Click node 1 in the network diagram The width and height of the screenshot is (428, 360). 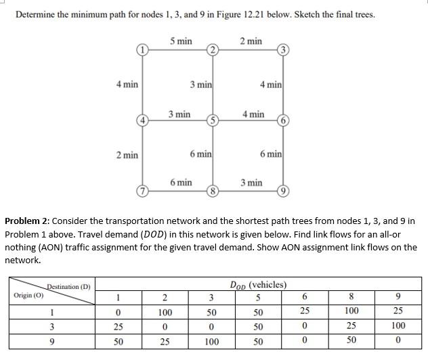[142, 49]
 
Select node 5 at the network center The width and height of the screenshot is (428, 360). [212, 120]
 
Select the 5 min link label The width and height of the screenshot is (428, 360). [181, 41]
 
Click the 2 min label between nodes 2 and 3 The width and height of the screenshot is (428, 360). [251, 41]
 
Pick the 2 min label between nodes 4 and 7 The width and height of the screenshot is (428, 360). [127, 155]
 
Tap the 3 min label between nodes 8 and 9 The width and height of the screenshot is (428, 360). [252, 182]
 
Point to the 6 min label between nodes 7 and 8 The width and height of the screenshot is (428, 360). [181, 182]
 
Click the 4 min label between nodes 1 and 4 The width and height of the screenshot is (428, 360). [127, 84]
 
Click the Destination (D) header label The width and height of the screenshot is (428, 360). [68, 286]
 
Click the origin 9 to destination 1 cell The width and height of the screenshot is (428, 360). [119, 341]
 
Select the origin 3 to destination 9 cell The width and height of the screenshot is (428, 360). [398, 327]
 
